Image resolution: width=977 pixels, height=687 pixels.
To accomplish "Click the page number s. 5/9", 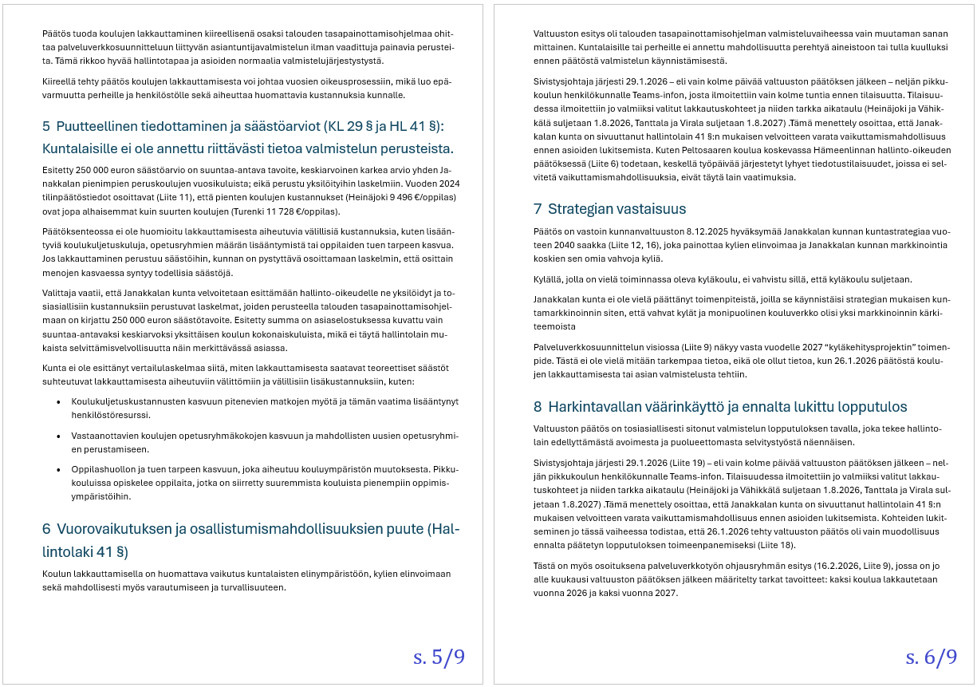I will [439, 657].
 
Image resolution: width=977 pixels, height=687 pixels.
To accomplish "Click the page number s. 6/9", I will [931, 657].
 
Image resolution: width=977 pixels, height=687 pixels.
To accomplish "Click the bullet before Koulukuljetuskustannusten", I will [59, 401].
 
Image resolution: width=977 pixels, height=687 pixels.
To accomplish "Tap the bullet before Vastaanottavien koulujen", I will [59, 436].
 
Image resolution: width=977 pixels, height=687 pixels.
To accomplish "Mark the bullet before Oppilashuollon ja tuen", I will [59, 470].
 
